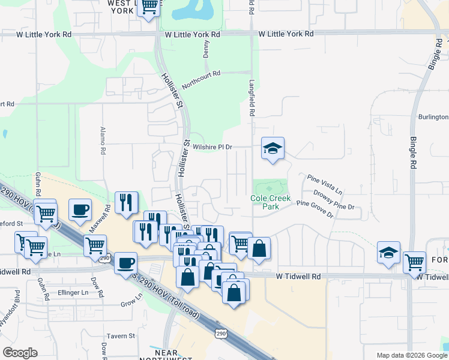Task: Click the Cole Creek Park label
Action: (x=270, y=202)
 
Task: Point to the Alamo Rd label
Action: (x=103, y=143)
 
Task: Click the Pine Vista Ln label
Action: (x=324, y=183)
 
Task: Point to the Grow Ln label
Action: (x=131, y=303)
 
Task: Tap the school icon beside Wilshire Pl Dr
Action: (x=273, y=148)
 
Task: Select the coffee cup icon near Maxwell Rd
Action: (x=80, y=209)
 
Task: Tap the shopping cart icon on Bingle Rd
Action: (x=414, y=262)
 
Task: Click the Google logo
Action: (x=20, y=353)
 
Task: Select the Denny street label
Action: (x=206, y=48)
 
